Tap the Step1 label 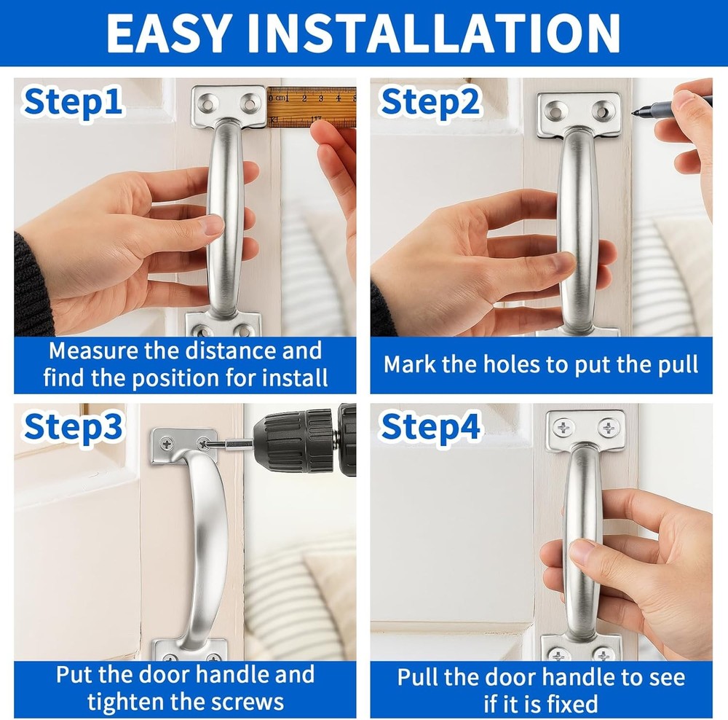73,102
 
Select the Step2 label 430,102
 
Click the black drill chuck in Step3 298,442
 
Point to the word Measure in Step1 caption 92,351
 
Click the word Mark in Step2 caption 410,364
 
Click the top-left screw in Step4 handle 563,427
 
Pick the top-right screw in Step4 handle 607,427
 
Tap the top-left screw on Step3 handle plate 167,441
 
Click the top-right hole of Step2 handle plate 603,111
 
